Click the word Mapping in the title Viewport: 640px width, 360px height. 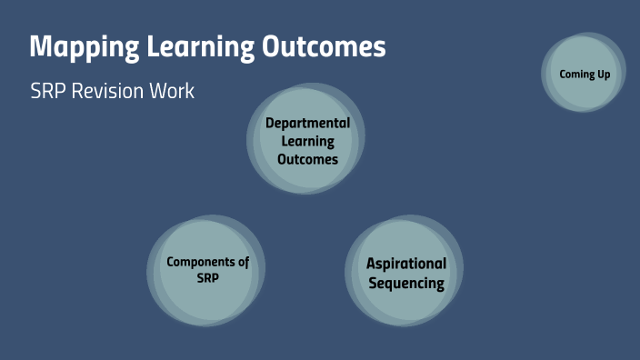[x=78, y=47]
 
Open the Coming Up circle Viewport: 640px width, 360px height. [x=585, y=73]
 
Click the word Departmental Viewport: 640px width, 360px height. [x=307, y=123]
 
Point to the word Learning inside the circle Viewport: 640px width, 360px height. [x=307, y=141]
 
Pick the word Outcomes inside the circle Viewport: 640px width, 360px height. [x=307, y=159]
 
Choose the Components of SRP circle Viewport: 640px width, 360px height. [x=207, y=270]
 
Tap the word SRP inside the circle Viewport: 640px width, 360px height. [x=207, y=279]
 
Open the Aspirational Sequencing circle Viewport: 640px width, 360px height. [x=405, y=272]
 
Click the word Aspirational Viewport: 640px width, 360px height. [x=406, y=264]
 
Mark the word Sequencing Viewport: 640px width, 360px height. [x=406, y=283]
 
